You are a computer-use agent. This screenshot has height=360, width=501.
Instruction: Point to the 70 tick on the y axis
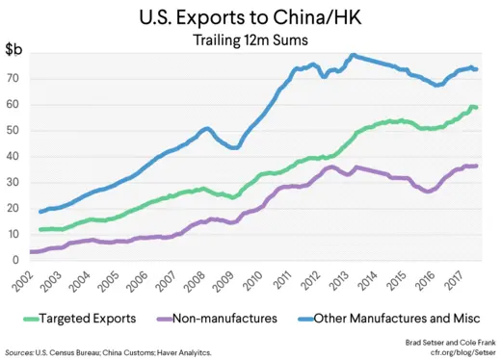click(x=14, y=78)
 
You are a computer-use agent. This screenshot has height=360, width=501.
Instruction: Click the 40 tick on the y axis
click(x=14, y=156)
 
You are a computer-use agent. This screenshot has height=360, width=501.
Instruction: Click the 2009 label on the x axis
click(x=224, y=282)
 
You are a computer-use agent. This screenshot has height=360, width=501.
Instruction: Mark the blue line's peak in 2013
click(x=354, y=56)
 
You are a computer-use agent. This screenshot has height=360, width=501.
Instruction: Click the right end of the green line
click(x=476, y=107)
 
